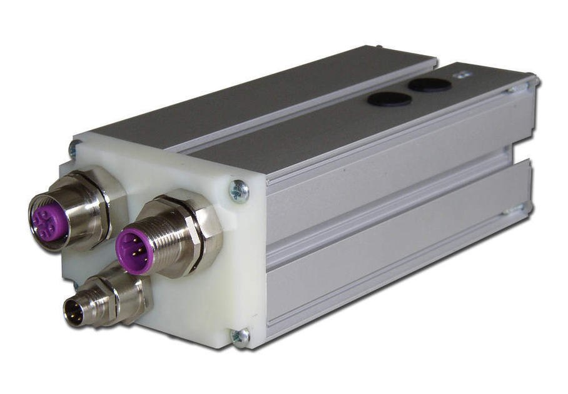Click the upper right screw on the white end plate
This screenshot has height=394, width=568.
[x=239, y=191]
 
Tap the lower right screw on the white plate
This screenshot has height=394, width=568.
[x=240, y=336]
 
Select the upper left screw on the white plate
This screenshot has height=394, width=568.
[x=74, y=149]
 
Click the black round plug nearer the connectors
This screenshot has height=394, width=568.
[x=385, y=98]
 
